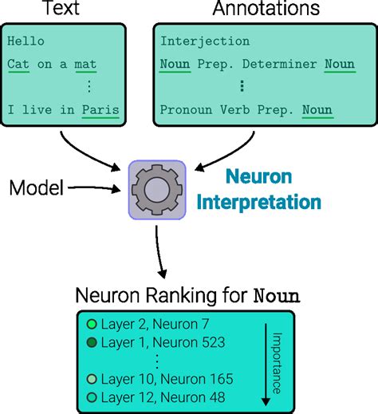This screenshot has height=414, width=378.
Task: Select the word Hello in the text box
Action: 25,41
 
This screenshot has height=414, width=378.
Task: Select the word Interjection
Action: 204,41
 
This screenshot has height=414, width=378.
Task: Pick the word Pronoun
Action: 183,109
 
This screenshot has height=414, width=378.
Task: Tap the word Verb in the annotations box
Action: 228,109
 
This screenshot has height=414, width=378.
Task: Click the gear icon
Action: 156,191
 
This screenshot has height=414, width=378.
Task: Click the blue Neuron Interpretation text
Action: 259,189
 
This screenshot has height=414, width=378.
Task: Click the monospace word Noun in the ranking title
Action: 275,297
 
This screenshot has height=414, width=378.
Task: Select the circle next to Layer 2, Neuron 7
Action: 92,325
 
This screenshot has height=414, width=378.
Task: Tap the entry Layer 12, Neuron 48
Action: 163,397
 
